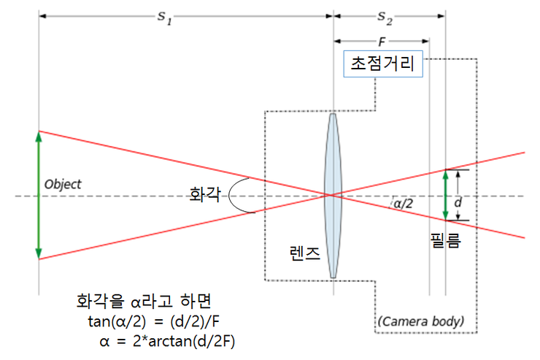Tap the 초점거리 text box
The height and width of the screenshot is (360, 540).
click(x=383, y=64)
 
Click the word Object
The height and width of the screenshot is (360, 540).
click(x=63, y=184)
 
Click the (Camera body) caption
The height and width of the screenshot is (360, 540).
click(x=420, y=321)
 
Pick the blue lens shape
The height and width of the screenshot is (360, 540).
click(x=333, y=195)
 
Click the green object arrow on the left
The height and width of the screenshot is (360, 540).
click(x=39, y=195)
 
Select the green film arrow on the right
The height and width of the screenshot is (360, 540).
click(x=446, y=195)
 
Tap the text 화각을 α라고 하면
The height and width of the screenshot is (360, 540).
click(x=149, y=302)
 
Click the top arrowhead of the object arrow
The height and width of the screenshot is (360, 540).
click(x=39, y=134)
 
